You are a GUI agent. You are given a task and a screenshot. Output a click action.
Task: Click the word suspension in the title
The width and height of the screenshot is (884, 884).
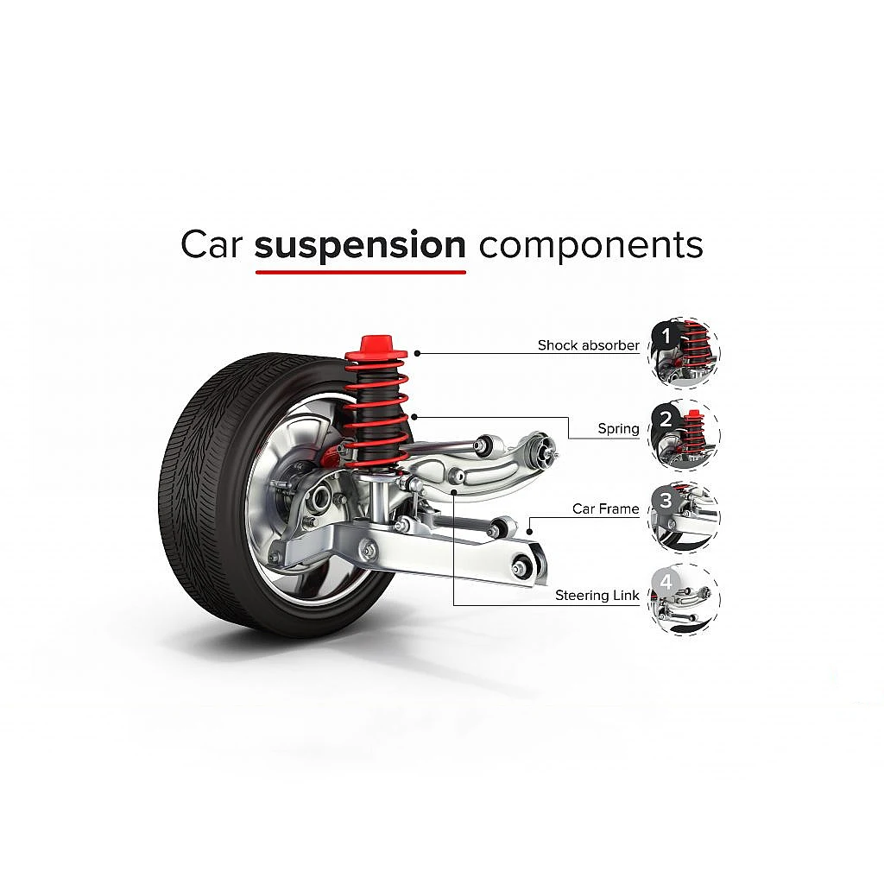tap(360, 246)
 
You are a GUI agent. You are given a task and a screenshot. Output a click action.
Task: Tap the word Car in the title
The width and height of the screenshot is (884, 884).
tap(209, 245)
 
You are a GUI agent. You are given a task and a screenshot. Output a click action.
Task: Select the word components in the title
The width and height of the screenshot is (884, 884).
tap(590, 246)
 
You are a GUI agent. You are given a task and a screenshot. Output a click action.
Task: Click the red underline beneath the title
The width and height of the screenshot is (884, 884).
tap(360, 272)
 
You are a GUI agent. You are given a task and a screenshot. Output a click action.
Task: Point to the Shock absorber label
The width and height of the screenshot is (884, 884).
tap(588, 345)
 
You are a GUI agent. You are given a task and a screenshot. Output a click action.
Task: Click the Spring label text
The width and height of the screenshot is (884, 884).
tap(618, 428)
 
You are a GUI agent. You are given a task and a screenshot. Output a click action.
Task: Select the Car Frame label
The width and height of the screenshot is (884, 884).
tap(605, 508)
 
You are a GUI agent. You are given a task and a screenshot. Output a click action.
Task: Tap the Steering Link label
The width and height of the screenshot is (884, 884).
tap(597, 596)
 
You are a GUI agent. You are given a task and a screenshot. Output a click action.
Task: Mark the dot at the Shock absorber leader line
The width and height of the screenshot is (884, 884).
tap(417, 352)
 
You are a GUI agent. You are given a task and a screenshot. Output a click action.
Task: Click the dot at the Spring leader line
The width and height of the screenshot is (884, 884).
tap(416, 417)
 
